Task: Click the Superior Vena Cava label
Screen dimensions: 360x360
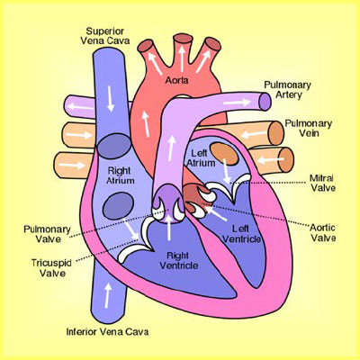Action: click(105, 36)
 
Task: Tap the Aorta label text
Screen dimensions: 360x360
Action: click(177, 80)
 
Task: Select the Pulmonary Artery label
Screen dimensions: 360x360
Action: click(288, 90)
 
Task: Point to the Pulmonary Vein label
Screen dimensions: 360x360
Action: click(309, 128)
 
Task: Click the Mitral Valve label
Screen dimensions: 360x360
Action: click(323, 183)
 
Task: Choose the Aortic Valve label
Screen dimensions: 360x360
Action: click(323, 232)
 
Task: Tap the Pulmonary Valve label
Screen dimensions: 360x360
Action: click(47, 234)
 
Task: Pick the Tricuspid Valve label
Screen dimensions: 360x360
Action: click(51, 268)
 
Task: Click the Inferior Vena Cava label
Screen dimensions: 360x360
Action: click(107, 332)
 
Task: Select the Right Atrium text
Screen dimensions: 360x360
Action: click(120, 175)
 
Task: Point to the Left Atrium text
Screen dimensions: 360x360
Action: click(201, 158)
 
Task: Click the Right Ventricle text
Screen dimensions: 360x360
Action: click(179, 261)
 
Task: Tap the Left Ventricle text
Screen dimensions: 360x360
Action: click(242, 234)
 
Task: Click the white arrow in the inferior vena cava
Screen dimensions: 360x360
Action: click(107, 295)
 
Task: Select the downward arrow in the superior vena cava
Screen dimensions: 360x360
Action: click(111, 99)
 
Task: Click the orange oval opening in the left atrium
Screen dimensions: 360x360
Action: click(224, 154)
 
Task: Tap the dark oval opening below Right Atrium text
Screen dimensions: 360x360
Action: click(118, 205)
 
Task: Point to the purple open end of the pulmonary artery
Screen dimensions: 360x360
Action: click(265, 102)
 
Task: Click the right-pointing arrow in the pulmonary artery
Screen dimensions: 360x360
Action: click(237, 103)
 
